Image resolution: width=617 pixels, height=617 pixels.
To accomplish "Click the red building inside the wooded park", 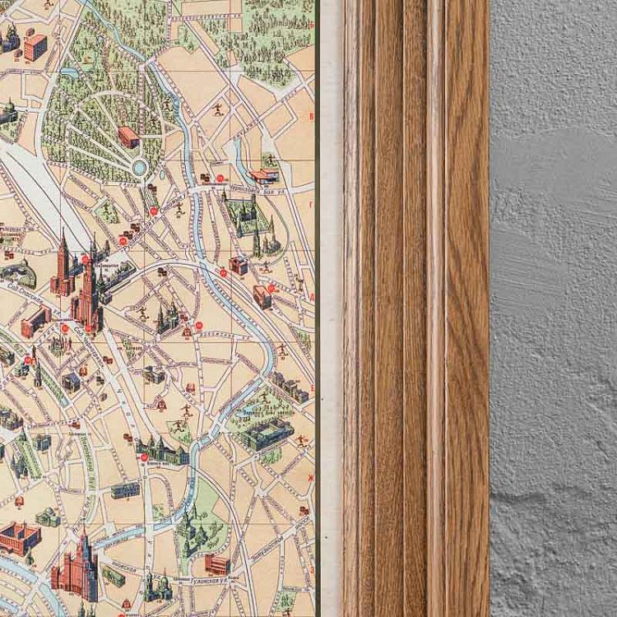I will point(128,137).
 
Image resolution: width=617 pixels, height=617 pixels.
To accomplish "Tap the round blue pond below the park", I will point(140,169).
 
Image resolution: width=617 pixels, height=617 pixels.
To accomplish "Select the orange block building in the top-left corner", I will point(35,47).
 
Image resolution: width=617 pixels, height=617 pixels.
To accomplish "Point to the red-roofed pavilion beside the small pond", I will point(264,175).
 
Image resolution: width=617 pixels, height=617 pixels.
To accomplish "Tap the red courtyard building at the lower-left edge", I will point(18,539).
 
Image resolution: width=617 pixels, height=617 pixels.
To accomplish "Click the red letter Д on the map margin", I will point(311,296).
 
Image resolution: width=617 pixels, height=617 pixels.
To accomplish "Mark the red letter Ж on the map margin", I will point(311,476).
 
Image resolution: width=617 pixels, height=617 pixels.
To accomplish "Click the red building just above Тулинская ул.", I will point(216,564).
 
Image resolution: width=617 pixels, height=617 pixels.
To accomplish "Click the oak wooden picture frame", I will point(415,308).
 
